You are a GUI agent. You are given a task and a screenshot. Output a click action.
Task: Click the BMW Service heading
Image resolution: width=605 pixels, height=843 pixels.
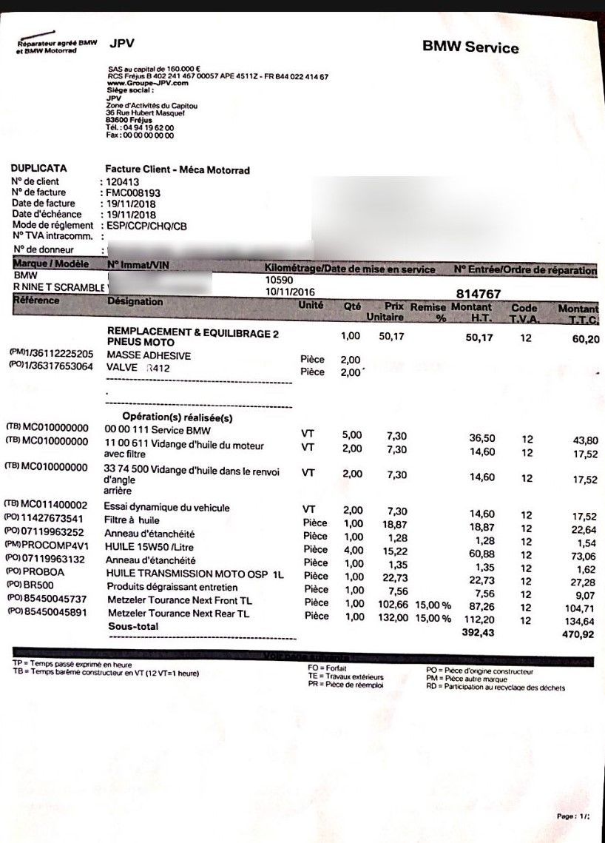click(470, 48)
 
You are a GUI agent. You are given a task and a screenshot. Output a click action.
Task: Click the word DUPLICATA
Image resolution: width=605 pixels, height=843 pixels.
click(39, 169)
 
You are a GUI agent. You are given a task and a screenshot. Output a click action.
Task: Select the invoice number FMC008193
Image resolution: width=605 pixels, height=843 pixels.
click(133, 192)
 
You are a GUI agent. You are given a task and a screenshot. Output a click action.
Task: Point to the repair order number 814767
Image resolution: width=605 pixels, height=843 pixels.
click(481, 294)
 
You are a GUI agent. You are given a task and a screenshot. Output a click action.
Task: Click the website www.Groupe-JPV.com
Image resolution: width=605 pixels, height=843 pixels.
click(138, 83)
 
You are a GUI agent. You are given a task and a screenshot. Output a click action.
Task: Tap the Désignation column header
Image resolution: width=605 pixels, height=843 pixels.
click(135, 302)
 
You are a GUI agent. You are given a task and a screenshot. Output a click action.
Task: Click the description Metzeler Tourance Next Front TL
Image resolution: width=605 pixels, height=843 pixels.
click(179, 601)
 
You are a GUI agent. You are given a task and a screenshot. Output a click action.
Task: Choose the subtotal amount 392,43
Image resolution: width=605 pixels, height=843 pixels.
click(477, 633)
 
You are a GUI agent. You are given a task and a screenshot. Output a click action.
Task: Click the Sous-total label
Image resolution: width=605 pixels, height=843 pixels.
click(133, 627)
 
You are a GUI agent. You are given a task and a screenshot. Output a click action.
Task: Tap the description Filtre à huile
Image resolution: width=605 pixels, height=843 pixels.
click(132, 520)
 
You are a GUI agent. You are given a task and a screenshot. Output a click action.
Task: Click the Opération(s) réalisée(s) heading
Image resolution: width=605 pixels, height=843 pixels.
click(178, 417)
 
